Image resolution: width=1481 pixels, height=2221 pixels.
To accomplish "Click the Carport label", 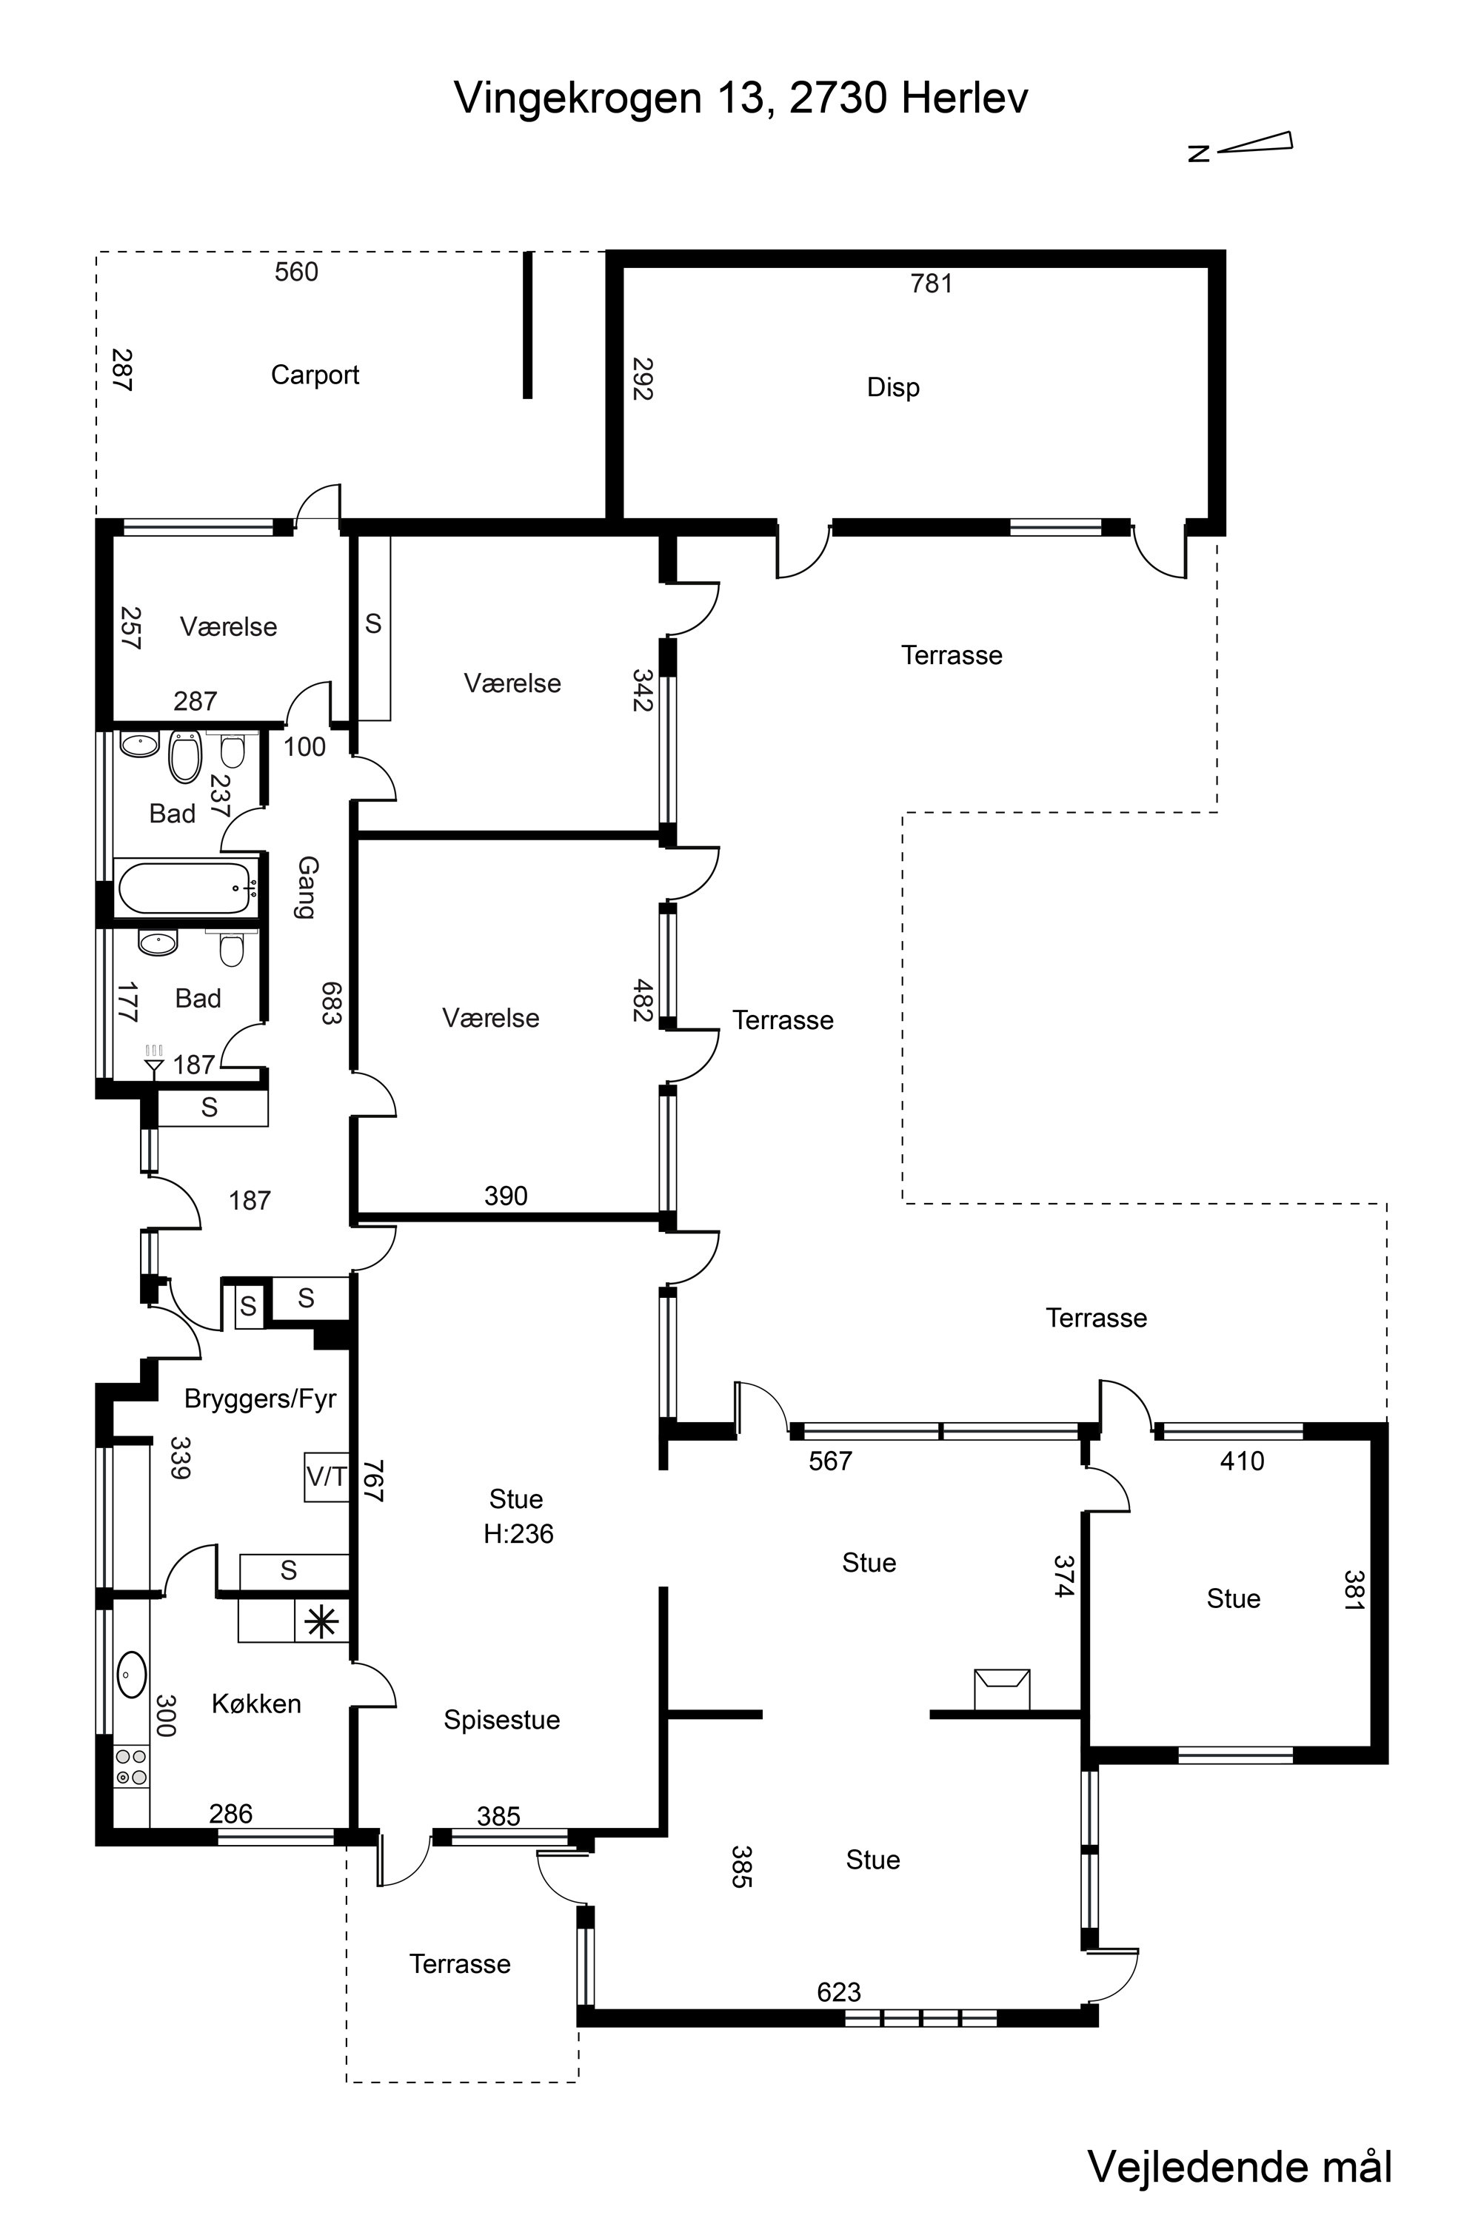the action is [x=315, y=375].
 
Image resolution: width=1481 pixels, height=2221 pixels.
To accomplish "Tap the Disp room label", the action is [x=892, y=387].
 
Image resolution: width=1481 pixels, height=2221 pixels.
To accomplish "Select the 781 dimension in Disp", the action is [x=932, y=284].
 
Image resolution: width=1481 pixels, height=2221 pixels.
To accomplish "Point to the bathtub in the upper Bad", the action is [x=186, y=887].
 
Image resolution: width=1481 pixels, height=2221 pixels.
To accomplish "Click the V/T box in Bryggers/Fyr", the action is [x=327, y=1475].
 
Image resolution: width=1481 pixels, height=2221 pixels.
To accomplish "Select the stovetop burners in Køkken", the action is [x=131, y=1766].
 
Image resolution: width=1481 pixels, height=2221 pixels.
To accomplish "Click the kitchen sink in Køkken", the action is [x=131, y=1674].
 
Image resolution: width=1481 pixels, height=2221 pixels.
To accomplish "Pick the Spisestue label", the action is [x=501, y=1721].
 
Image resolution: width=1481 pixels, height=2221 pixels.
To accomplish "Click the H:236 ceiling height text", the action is [x=518, y=1533].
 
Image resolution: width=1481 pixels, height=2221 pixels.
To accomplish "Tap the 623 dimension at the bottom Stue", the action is [x=839, y=1992].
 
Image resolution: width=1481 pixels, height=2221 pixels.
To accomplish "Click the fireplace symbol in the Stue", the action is [x=1002, y=1689].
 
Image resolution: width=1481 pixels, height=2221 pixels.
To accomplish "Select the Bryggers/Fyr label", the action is [x=260, y=1398].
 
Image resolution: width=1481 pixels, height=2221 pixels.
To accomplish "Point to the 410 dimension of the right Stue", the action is [x=1241, y=1461].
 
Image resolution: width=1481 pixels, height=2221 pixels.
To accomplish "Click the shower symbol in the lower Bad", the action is [x=154, y=1060].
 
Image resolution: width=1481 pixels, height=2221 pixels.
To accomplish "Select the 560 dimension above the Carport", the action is [x=297, y=272].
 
